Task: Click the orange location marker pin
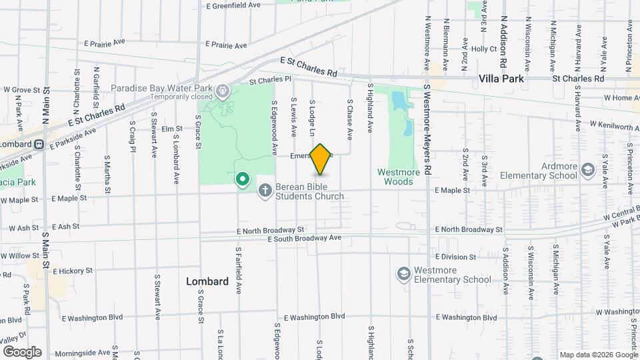coord(321,159)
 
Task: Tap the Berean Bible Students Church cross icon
coord(265,191)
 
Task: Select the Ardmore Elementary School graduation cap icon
coord(587,170)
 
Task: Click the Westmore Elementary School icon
coord(403,274)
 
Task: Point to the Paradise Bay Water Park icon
coord(222,90)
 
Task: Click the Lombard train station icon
coord(39,145)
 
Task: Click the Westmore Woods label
coord(399,177)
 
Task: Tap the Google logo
coord(22,351)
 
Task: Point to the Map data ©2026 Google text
coord(598,355)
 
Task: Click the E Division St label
coord(456,257)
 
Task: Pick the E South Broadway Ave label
coord(304,238)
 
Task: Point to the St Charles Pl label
coord(271,80)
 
